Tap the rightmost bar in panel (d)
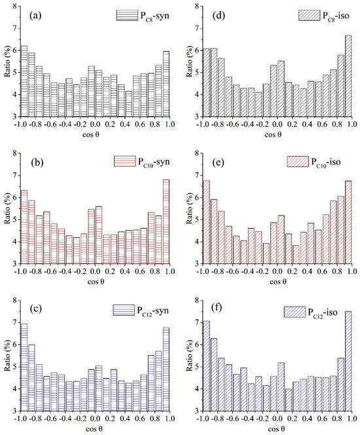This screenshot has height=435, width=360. (x=348, y=75)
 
